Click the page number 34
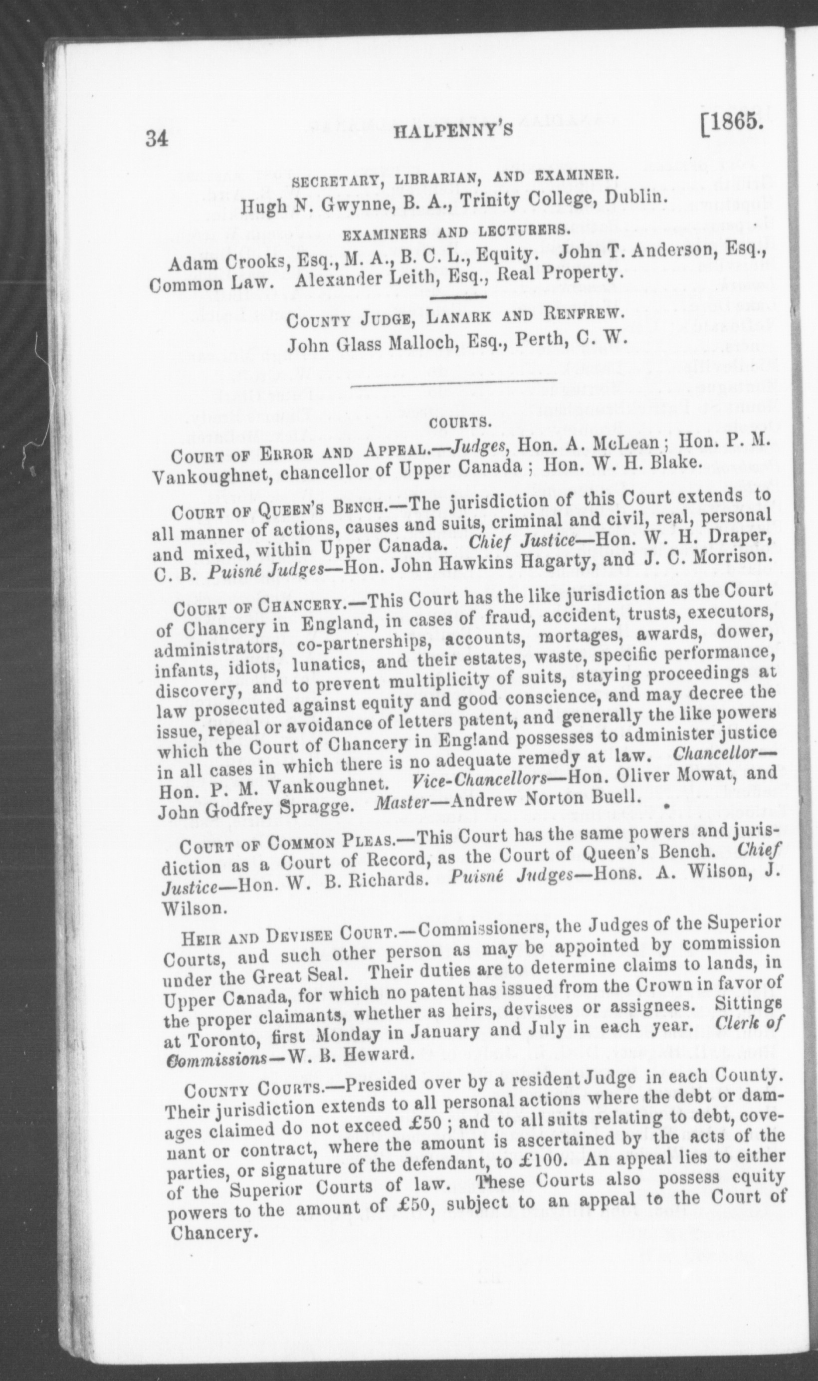coord(157,138)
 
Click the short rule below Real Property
coord(456,298)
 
